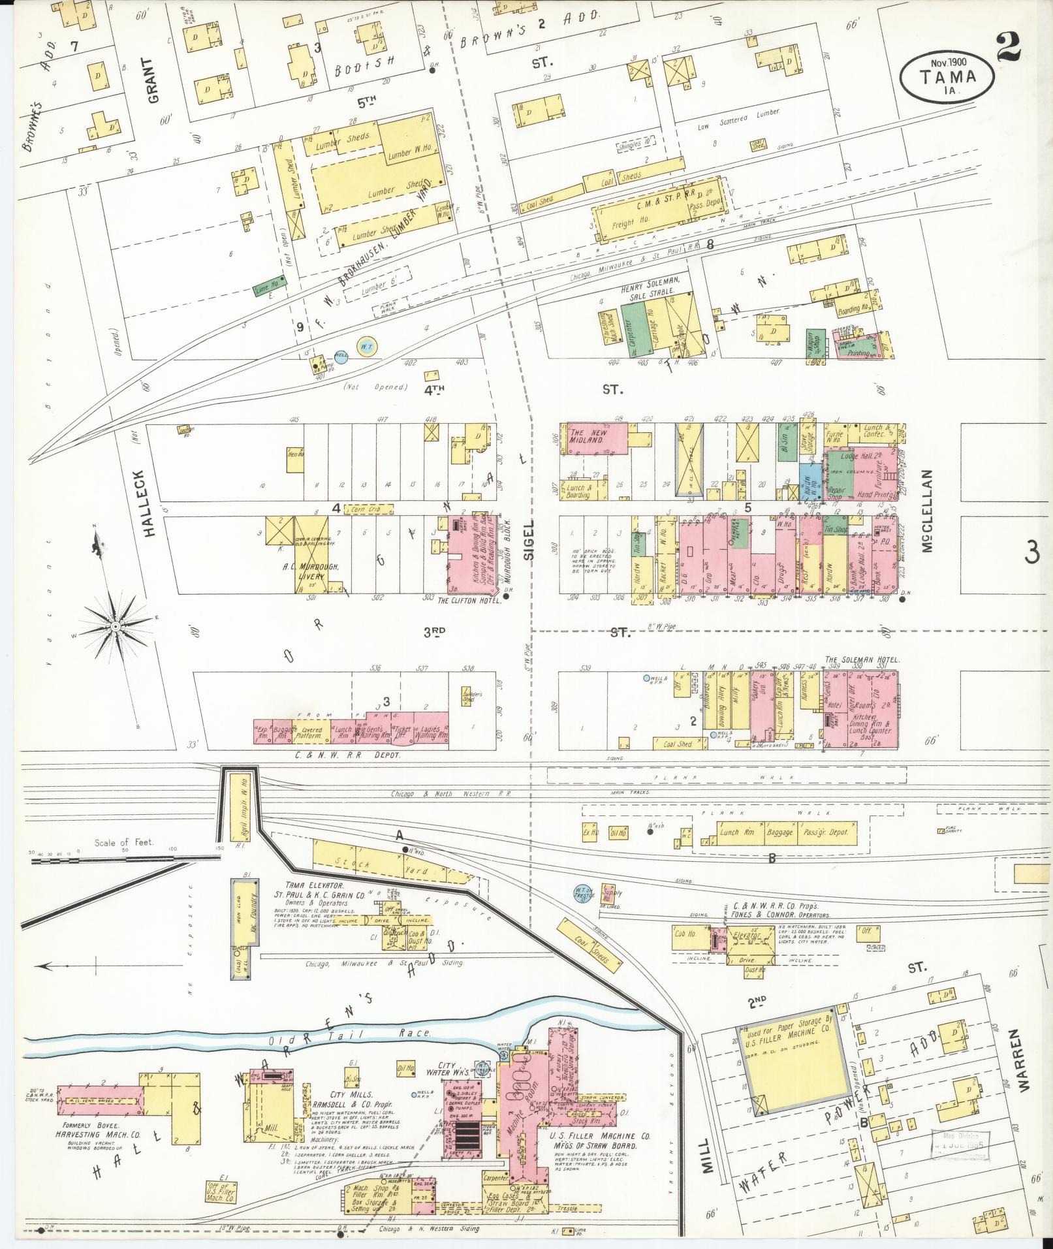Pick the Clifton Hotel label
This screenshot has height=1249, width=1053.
(468, 599)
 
